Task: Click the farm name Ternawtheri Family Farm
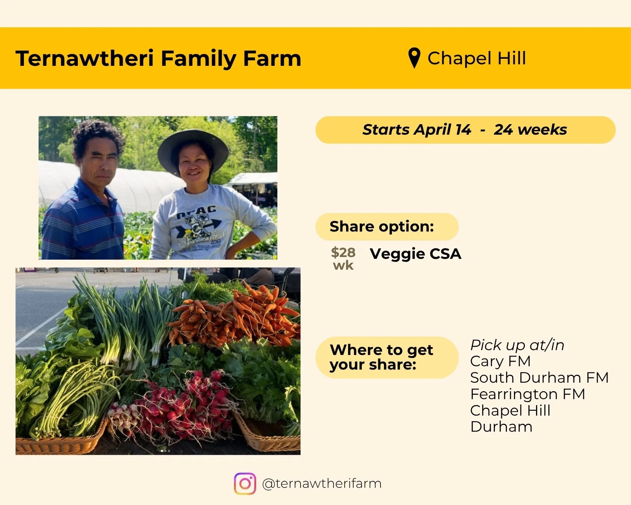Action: [x=158, y=59]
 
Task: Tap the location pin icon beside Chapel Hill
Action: [x=414, y=58]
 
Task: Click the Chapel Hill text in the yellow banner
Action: [x=477, y=58]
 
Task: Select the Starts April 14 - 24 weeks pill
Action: [x=465, y=130]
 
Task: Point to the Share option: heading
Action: [x=382, y=227]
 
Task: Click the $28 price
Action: [x=343, y=253]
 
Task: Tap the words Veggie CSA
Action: [x=415, y=254]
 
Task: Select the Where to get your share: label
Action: [x=381, y=357]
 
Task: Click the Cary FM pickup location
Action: [x=500, y=361]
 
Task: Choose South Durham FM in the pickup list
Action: [x=539, y=378]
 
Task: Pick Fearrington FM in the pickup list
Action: [x=527, y=394]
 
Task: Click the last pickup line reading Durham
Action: [x=501, y=427]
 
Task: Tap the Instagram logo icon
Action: [x=245, y=484]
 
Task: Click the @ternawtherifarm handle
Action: [x=321, y=484]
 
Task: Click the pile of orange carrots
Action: [x=236, y=318]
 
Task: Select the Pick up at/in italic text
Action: [x=517, y=345]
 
